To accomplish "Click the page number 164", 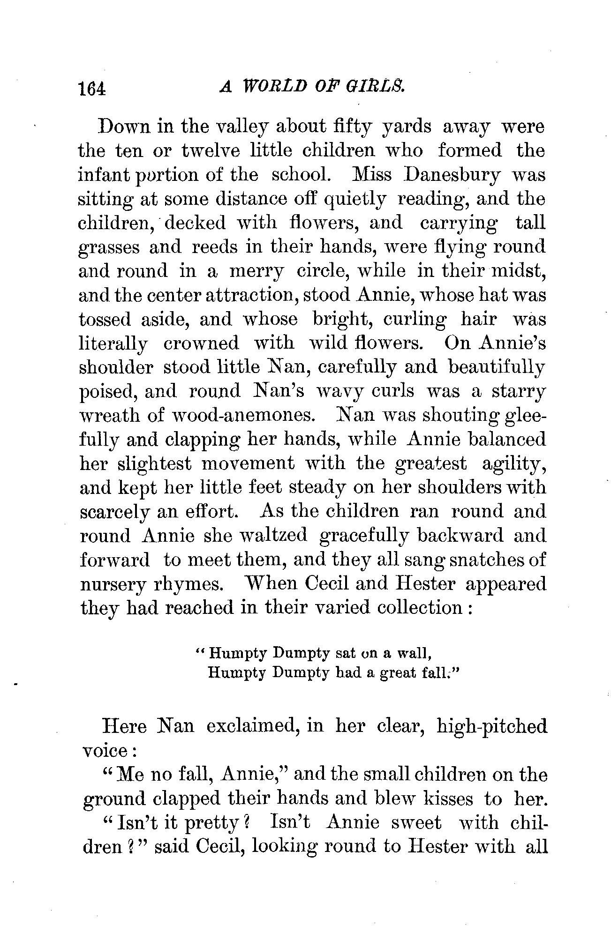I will click(93, 88).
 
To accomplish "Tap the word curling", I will click(415, 320).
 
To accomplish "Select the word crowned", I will click(201, 343).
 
